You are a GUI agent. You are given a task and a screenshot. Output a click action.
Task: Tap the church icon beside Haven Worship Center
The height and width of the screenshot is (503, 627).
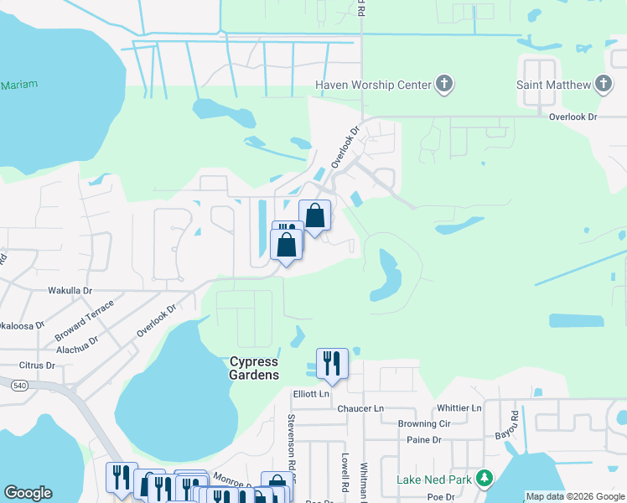pyautogui.click(x=444, y=84)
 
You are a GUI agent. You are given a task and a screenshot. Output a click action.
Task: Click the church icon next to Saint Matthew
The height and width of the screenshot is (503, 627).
pyautogui.click(x=603, y=84)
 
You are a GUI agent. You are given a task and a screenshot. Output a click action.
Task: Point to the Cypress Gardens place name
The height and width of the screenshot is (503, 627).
pyautogui.click(x=254, y=368)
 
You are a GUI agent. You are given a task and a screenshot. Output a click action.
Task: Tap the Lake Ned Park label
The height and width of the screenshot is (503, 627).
pyautogui.click(x=433, y=481)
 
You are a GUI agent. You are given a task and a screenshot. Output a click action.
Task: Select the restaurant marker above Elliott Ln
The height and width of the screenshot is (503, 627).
pyautogui.click(x=332, y=365)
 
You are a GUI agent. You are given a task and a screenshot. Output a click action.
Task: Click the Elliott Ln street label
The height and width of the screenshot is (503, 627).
pyautogui.click(x=312, y=392)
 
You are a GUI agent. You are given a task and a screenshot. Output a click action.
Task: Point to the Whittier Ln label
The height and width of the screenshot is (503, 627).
pyautogui.click(x=459, y=408)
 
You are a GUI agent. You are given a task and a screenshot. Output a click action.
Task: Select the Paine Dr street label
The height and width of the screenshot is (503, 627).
pyautogui.click(x=423, y=439)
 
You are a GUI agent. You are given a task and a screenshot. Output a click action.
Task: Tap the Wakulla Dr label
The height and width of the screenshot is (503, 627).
pyautogui.click(x=69, y=290)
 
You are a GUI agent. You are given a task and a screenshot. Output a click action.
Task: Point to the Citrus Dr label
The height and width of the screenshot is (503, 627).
pyautogui.click(x=37, y=366)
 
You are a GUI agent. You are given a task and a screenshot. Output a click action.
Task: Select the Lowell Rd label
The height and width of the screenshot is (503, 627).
pyautogui.click(x=345, y=473)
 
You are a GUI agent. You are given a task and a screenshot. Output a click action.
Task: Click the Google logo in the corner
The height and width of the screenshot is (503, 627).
pyautogui.click(x=28, y=493)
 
